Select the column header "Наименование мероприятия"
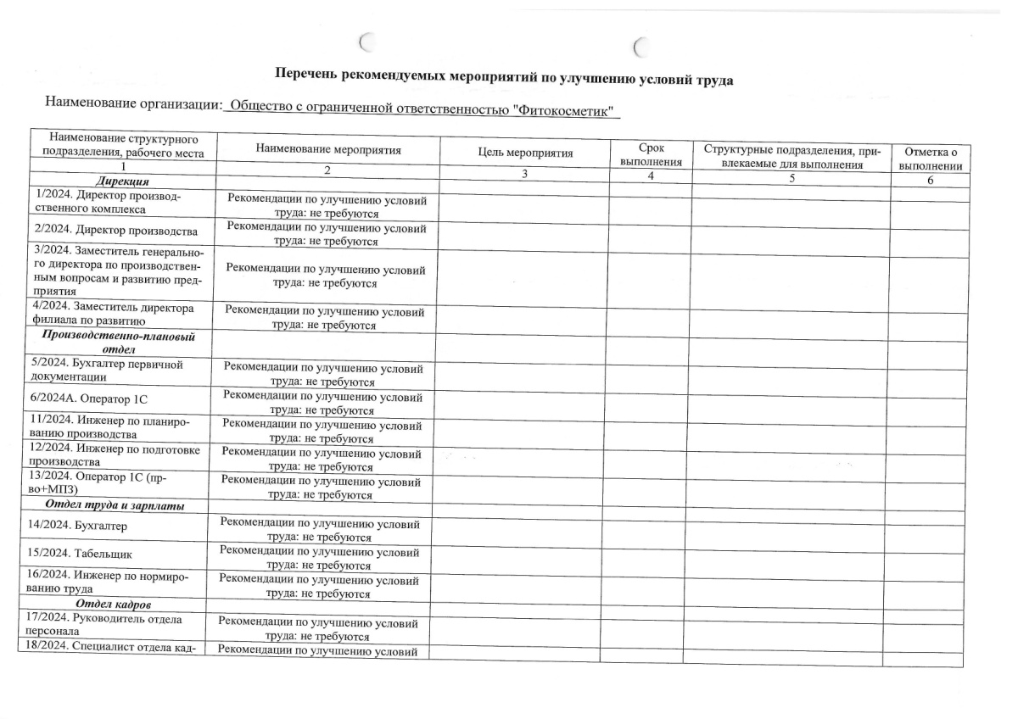pos(327,150)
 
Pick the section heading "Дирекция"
pos(124,182)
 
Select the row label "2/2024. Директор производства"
pos(115,231)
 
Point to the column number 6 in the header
pos(930,181)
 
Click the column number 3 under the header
pos(524,175)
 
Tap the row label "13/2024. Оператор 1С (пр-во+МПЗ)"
pos(98,484)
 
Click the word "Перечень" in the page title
pos(307,75)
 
